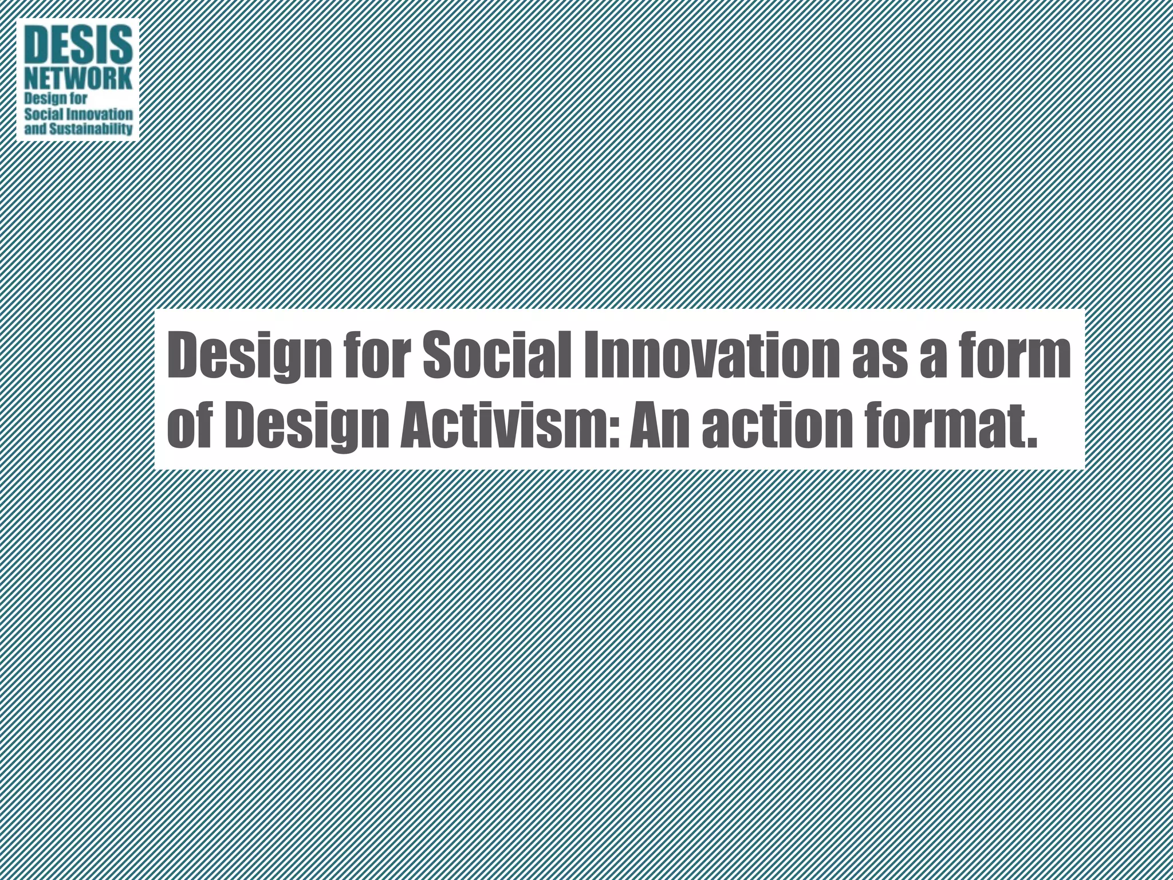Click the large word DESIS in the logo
coord(78,45)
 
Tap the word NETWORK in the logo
coord(78,80)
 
